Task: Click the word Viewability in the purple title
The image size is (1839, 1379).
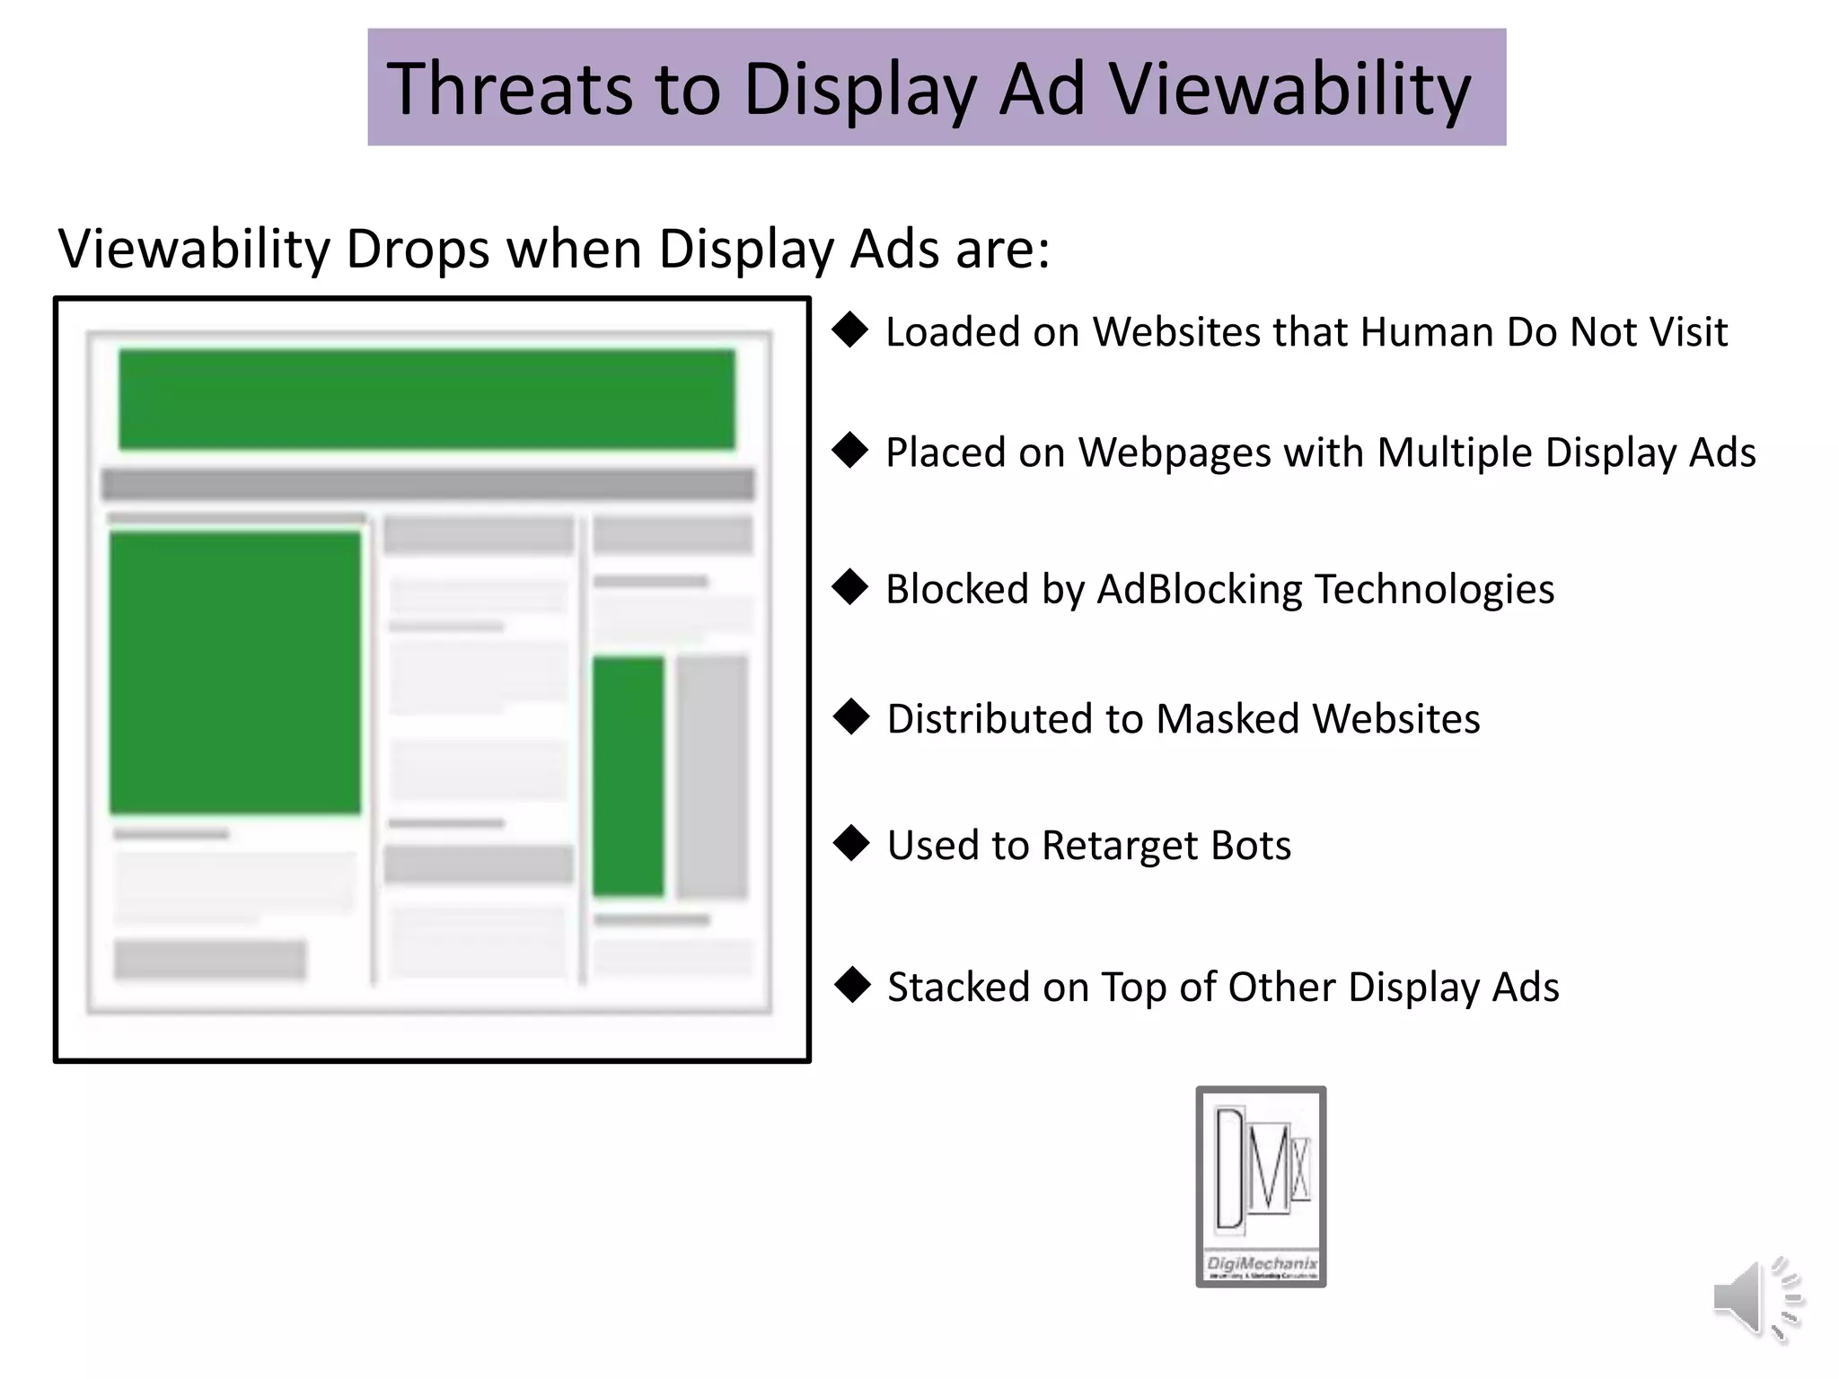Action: [x=1290, y=90]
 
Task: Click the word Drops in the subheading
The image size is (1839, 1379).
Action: [x=418, y=249]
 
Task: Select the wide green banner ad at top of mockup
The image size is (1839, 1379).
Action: [x=427, y=400]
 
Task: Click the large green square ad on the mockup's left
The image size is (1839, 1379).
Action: [x=235, y=672]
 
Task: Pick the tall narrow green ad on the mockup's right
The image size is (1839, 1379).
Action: [x=628, y=777]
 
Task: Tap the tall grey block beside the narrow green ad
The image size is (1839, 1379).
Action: [x=712, y=777]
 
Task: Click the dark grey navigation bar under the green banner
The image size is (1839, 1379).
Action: [x=427, y=485]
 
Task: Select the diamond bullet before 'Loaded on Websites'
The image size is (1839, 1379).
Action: [x=850, y=330]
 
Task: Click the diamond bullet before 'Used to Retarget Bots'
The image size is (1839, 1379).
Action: [x=851, y=844]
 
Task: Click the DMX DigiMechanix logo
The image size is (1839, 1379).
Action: [x=1261, y=1186]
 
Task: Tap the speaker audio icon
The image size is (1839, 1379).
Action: [x=1755, y=1298]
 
